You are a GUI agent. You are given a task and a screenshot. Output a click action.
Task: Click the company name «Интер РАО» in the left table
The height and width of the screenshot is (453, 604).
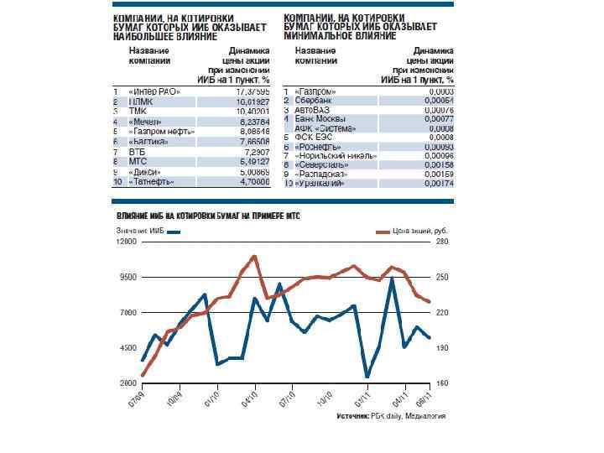pyautogui.click(x=151, y=91)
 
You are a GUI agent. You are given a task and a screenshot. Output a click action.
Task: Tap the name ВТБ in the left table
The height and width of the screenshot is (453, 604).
pyautogui.click(x=136, y=151)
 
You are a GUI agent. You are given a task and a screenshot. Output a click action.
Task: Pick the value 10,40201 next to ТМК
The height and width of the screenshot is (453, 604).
pyautogui.click(x=252, y=111)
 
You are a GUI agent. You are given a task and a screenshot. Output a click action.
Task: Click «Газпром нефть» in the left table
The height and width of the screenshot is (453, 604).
pyautogui.click(x=161, y=131)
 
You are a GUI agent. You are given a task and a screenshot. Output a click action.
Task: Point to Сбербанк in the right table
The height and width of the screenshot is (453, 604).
pyautogui.click(x=313, y=101)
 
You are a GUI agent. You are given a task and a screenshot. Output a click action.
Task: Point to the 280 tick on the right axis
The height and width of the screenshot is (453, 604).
pyautogui.click(x=442, y=241)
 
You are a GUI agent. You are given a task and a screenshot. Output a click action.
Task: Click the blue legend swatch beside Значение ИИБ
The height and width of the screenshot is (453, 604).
pyautogui.click(x=174, y=229)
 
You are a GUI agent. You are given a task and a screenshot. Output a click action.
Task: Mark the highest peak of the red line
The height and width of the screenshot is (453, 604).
pyautogui.click(x=254, y=255)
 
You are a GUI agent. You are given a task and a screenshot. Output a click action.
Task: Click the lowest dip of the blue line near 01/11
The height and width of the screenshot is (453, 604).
pyautogui.click(x=367, y=377)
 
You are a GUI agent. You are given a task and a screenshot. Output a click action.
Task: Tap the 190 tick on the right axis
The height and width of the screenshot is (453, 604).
pyautogui.click(x=442, y=347)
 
